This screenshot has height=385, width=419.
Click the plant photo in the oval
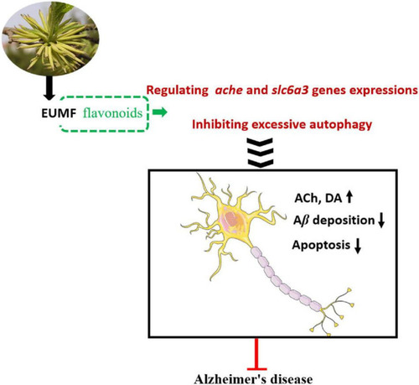pos(50,38)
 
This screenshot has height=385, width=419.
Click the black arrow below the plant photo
pos(49,88)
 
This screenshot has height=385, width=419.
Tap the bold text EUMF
pos(59,113)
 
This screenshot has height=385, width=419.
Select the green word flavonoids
pos(112,113)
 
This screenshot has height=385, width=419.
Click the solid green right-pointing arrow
pos(160,112)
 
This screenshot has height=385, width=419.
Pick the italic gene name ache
pos(229,91)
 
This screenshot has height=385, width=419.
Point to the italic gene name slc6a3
pos(290,90)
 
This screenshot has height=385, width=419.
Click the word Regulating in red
pos(178,91)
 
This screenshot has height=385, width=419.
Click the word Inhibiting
pos(220,124)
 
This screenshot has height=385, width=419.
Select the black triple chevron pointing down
pos(261,153)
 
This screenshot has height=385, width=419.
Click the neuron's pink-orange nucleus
pos(232,219)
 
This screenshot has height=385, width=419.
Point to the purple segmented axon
pos(285,280)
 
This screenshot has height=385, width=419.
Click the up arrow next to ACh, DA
pos(349,196)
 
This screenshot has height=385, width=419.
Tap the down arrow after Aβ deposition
pos(381,221)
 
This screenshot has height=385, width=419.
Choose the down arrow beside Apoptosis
pos(358,246)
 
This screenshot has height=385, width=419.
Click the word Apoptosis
pos(321,245)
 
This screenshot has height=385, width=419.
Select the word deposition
pos(344,221)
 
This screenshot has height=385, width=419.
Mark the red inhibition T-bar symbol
pos(256,354)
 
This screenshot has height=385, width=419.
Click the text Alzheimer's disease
pos(253,379)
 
